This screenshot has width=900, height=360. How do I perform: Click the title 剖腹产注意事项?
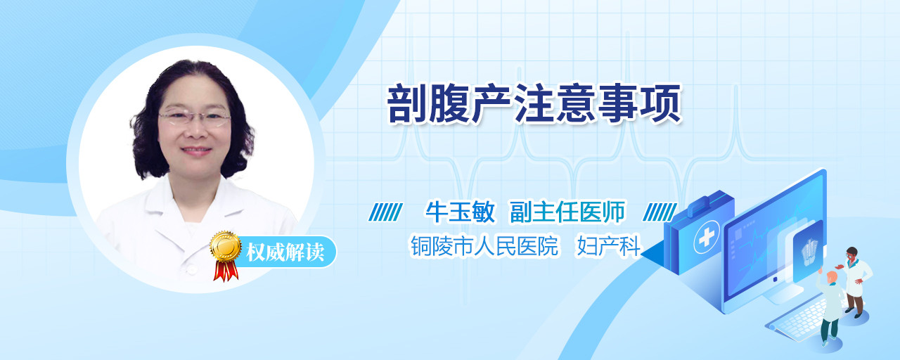tap(534, 103)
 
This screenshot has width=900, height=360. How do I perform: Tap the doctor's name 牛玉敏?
tap(460, 212)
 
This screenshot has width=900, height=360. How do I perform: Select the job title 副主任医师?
tap(567, 212)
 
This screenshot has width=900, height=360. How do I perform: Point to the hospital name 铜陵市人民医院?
tap(484, 245)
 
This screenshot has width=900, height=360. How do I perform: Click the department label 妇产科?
tap(608, 245)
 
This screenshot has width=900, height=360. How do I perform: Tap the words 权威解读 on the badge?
tap(285, 252)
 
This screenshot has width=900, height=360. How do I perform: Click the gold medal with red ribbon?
tap(226, 255)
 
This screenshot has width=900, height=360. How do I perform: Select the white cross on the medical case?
tap(707, 237)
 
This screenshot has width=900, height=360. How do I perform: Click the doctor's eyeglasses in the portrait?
tap(195, 117)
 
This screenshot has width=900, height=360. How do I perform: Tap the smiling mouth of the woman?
tap(196, 151)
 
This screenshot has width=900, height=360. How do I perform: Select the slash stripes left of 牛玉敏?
tap(385, 212)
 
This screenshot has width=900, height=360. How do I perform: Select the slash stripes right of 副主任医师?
tap(660, 212)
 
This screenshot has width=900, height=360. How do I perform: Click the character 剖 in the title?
tap(406, 103)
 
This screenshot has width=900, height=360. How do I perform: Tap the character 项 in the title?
tap(662, 103)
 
